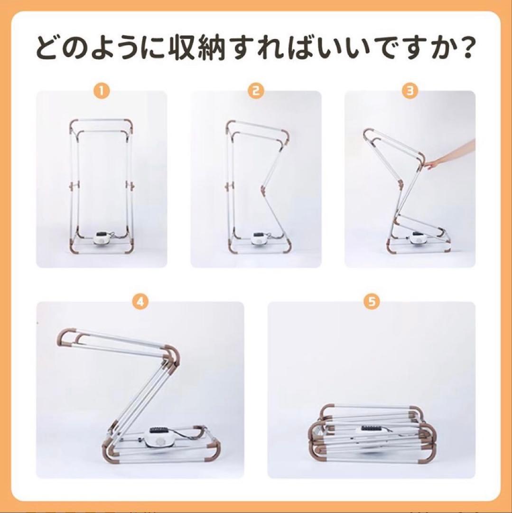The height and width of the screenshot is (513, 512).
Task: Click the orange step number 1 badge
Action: coord(102,91)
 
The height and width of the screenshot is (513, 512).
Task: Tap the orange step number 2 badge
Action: coord(256,91)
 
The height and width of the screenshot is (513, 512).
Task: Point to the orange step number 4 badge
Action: coord(140,302)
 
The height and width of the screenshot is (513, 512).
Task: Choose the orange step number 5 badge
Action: coord(372,302)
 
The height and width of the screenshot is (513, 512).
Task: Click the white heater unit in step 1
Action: coord(102,238)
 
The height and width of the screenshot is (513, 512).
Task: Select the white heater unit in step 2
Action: coord(259,238)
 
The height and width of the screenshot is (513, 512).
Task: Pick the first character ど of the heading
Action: coord(47,48)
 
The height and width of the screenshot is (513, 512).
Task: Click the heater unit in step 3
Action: coord(417,238)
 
